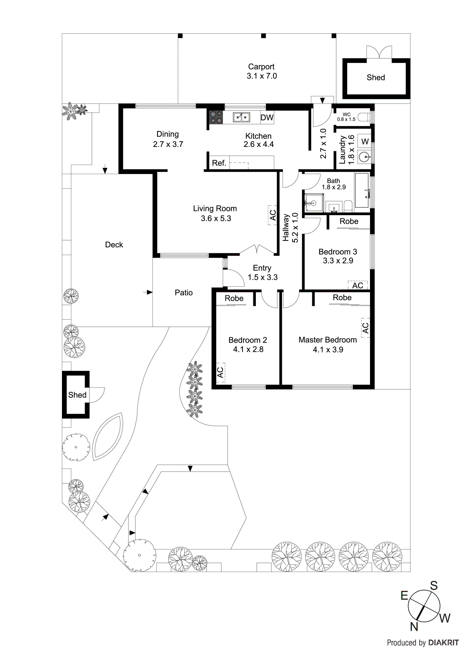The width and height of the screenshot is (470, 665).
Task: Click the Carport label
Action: [x=261, y=67]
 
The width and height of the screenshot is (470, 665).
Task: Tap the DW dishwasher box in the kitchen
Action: [x=267, y=117]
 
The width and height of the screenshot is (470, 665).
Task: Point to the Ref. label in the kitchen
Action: [x=219, y=163]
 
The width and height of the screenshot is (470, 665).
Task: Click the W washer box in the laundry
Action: [x=365, y=141]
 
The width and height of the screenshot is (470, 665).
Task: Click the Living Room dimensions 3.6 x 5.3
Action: [x=216, y=218]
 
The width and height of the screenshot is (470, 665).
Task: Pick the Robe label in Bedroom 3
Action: [x=349, y=221]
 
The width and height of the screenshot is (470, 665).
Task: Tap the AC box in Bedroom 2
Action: [x=220, y=372]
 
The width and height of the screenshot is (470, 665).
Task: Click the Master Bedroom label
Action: [x=327, y=340]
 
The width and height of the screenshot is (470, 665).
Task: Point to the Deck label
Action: [x=114, y=245]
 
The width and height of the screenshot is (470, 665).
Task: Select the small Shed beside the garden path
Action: [x=76, y=395]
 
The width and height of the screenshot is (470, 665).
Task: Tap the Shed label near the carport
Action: [x=376, y=77]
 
